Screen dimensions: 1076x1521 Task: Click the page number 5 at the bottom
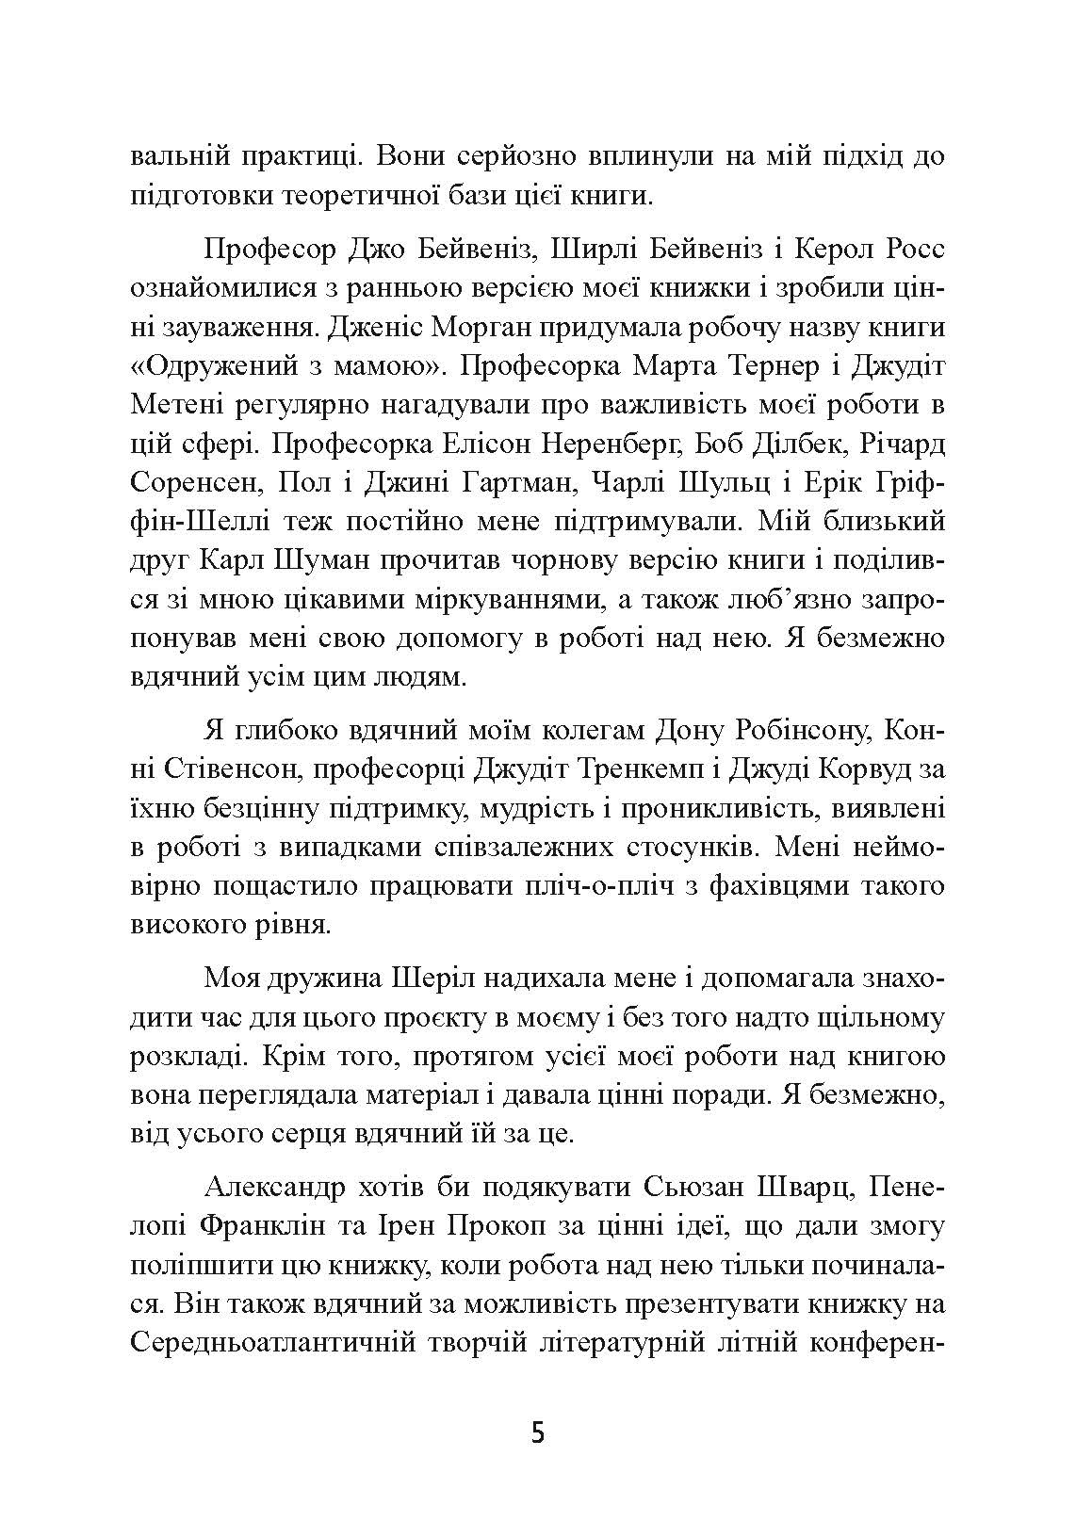pos(538,1433)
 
